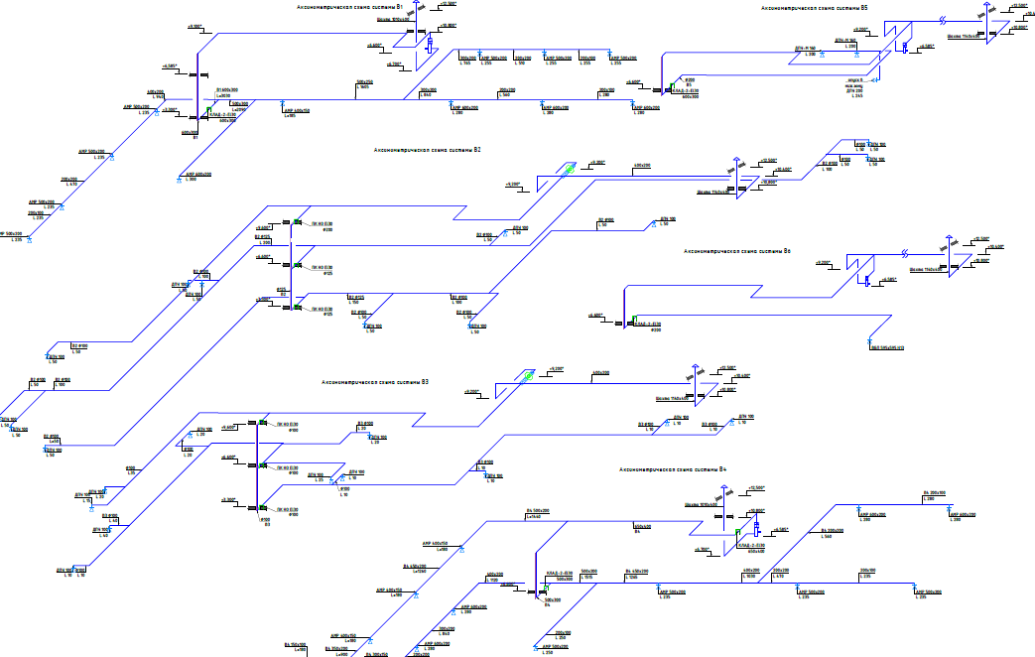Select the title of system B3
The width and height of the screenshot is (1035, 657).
pos(374,382)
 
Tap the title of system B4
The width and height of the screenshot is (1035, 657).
pos(673,467)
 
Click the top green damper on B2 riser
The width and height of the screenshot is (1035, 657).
pos(296,222)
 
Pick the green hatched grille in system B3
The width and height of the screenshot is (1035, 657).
pos(528,375)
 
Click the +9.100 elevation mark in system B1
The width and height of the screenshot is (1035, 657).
pos(194,27)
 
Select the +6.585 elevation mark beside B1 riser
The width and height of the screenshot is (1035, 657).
pos(169,66)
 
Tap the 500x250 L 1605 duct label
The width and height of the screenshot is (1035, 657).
pos(364,84)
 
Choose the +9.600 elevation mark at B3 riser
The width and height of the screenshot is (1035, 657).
pos(229,428)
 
